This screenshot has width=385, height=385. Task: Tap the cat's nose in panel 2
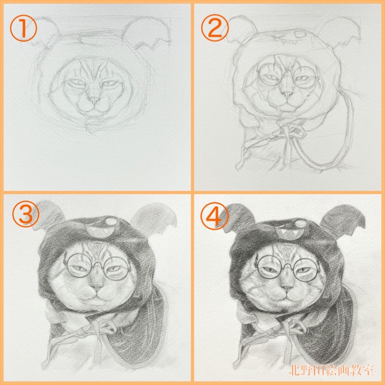tap(287, 94)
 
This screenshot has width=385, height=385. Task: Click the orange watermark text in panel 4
tap(331, 370)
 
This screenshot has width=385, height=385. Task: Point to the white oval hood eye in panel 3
tap(111, 222)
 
